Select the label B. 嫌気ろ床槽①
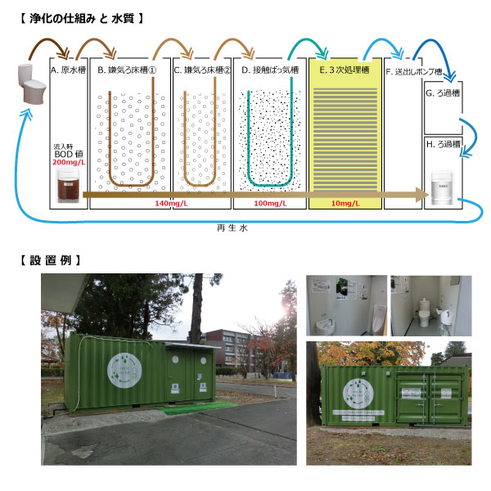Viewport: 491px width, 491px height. [127, 70]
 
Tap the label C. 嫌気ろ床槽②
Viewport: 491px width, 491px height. [202, 70]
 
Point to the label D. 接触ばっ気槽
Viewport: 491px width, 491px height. [268, 70]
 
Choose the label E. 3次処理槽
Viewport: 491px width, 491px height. [345, 70]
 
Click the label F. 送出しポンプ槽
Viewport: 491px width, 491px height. [414, 70]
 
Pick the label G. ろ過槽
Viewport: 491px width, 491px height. [444, 93]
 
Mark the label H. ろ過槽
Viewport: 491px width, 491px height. [444, 144]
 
